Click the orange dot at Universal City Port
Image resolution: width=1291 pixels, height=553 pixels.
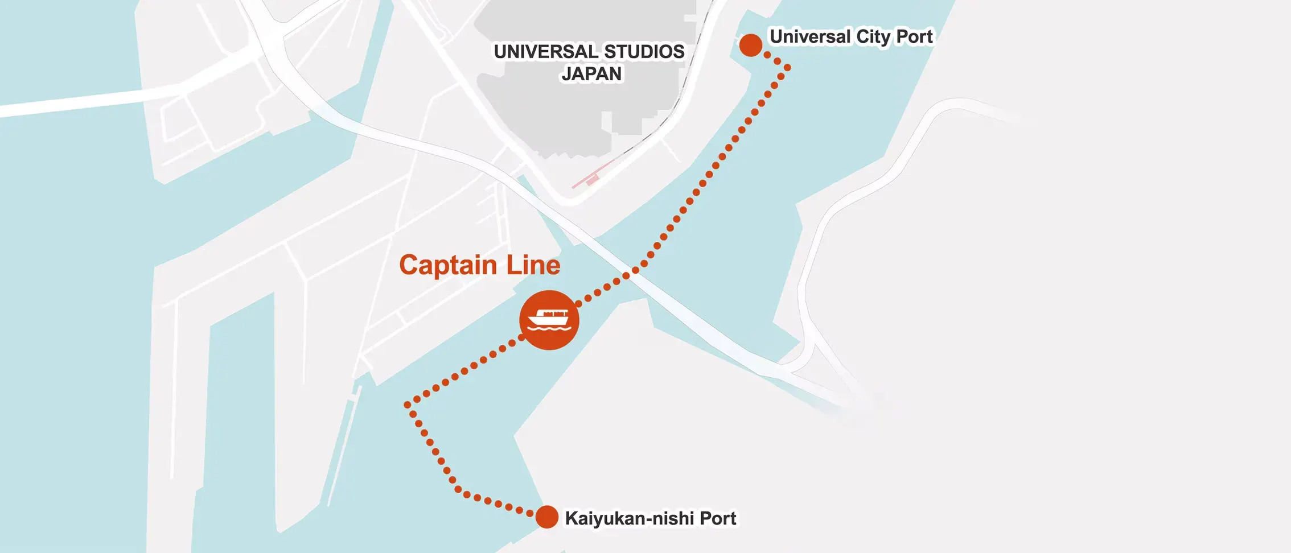751,45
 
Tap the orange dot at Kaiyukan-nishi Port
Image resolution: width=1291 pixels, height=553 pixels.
547,517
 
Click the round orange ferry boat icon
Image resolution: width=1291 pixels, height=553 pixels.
549,320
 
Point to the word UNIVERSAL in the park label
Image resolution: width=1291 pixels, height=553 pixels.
545,52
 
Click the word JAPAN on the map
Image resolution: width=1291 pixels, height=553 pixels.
591,74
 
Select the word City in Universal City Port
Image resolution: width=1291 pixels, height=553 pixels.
873,37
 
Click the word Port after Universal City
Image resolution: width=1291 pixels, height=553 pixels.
914,37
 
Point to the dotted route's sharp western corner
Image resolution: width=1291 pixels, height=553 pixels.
408,405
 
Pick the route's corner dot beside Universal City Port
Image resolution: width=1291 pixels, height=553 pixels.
788,68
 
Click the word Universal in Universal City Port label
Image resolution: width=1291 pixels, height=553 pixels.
810,37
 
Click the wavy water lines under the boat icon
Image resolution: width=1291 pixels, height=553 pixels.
549,328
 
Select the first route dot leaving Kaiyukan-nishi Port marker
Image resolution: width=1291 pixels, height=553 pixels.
529,513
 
